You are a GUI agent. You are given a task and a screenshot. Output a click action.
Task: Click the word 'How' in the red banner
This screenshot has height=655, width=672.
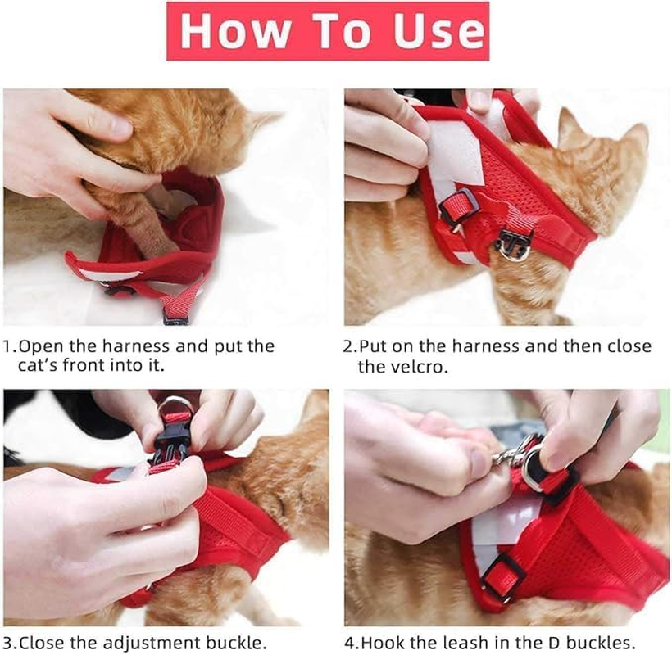(225, 30)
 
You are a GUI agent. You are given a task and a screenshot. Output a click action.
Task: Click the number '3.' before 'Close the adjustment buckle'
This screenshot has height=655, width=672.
(10, 643)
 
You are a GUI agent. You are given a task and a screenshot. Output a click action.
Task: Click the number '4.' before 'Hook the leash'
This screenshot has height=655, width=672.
(350, 643)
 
